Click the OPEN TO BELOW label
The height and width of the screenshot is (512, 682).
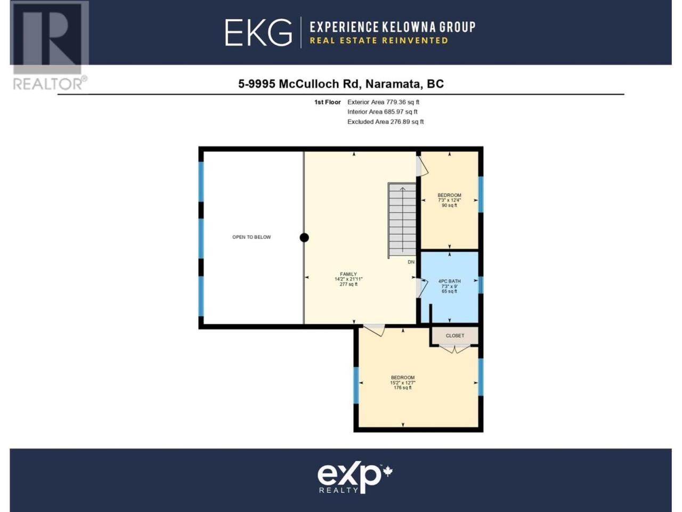251,237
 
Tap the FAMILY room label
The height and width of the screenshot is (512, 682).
348,274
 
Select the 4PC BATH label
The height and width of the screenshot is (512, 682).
449,281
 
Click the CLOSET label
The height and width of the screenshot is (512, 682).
455,335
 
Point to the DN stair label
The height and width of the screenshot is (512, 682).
411,262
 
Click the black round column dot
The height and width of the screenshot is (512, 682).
304,237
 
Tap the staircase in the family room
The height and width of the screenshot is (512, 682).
402,220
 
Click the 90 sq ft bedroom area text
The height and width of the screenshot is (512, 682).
449,205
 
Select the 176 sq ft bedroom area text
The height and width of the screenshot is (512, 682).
403,388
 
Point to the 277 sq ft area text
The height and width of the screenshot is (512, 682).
348,284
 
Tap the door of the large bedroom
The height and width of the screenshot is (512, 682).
375,330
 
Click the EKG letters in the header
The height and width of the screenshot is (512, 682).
258,33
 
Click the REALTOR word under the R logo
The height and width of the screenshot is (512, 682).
47,84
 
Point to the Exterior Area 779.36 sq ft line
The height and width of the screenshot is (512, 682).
383,102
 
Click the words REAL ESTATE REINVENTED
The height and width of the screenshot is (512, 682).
379,41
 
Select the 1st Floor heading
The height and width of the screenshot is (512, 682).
328,102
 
